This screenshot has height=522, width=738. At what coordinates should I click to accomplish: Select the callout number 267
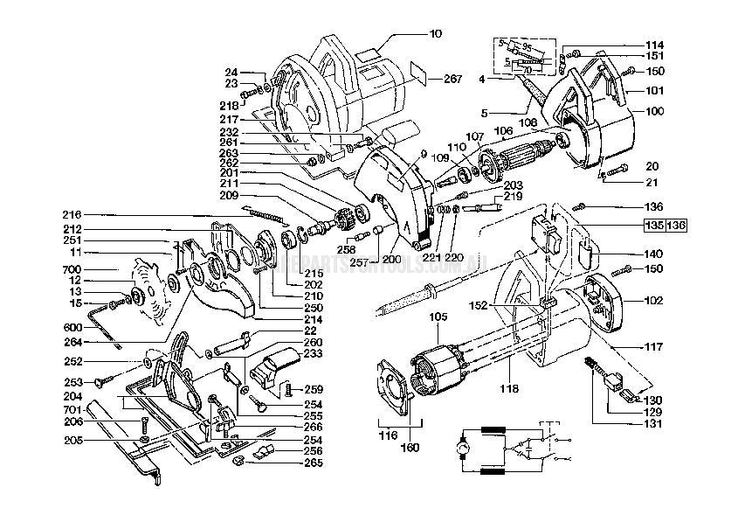[x=452, y=79]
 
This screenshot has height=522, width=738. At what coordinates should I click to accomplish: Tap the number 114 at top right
[x=655, y=45]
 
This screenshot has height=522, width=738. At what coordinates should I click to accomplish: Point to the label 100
[x=655, y=112]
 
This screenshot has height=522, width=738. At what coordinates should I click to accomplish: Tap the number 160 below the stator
[x=409, y=448]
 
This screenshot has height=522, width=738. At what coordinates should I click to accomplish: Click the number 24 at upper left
[x=231, y=73]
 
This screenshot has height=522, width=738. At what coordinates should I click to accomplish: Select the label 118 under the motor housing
[x=509, y=387]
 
